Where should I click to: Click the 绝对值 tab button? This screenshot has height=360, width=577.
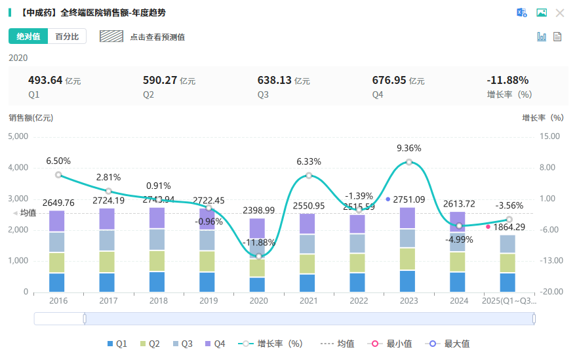click(28, 37)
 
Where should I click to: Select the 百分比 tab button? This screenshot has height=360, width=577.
click(67, 37)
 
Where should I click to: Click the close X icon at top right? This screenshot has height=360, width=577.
click(560, 12)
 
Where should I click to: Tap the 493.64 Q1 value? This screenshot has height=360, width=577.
click(45, 80)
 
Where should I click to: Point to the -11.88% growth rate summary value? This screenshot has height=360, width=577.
click(507, 80)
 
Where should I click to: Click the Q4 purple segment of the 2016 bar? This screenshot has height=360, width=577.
click(57, 221)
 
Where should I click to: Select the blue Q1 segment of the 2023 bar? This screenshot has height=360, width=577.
click(408, 281)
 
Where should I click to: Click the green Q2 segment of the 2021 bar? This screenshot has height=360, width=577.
click(308, 264)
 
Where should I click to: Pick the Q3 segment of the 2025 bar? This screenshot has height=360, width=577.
click(507, 244)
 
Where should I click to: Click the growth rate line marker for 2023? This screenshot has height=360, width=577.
click(408, 162)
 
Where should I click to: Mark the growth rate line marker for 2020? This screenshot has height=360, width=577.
click(258, 256)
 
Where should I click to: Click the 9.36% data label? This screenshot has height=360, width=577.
click(408, 148)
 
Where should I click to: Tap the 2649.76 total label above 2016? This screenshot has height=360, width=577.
click(58, 203)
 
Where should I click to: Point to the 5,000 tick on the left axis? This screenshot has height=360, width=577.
click(18, 136)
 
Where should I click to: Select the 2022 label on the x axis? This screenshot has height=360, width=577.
click(358, 301)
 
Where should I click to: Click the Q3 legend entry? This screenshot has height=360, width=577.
click(183, 344)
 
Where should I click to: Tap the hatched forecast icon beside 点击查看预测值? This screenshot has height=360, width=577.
click(111, 37)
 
